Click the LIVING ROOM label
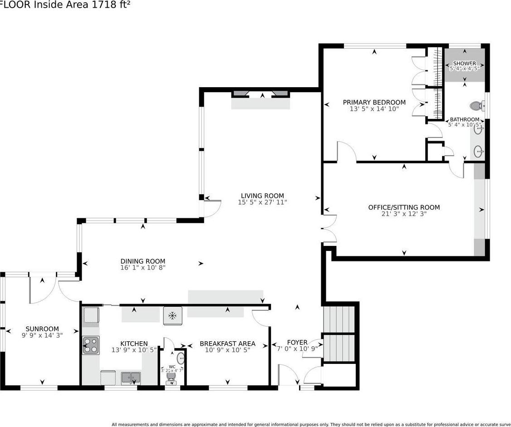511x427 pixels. (262, 196)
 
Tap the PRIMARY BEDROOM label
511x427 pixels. (374, 103)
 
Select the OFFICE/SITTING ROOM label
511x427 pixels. (403, 207)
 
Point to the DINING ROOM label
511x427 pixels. (142, 261)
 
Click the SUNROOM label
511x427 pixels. (42, 329)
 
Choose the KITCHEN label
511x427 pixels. (134, 344)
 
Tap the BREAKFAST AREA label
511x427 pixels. (227, 344)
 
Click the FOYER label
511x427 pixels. (297, 342)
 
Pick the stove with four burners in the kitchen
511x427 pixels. (91, 345)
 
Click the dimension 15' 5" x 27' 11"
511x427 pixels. (262, 202)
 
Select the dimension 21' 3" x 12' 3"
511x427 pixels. (403, 214)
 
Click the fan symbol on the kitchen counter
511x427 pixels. (172, 315)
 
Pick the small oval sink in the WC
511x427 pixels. (181, 358)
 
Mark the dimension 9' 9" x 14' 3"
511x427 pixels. (42, 336)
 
